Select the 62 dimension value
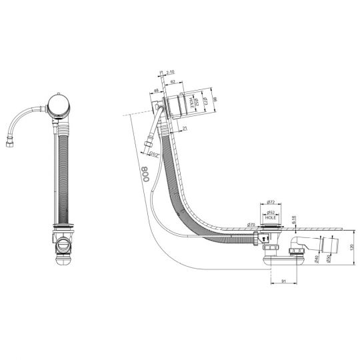point(173,81)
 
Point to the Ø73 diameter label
point(205,101)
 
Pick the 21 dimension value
point(183,127)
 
